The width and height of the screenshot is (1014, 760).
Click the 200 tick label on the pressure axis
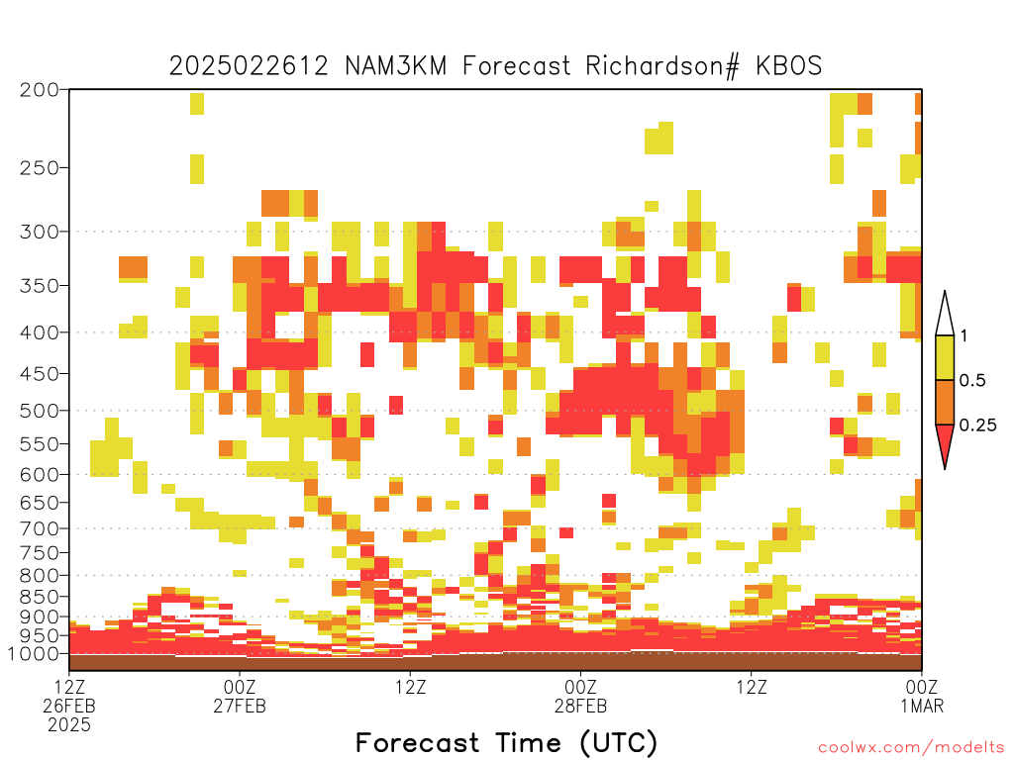40,90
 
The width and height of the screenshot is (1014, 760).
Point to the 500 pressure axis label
40,411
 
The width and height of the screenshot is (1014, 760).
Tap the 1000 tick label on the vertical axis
34,653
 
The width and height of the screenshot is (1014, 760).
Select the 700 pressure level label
40,528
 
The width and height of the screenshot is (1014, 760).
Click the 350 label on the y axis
40,286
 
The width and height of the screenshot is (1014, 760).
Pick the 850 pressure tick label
40,597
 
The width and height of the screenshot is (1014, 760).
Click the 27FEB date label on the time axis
240,706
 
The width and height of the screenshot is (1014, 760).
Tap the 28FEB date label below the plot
580,706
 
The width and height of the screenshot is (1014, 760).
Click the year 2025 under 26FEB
69,725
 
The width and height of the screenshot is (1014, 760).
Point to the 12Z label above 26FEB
69,687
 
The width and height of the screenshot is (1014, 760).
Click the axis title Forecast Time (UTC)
506,742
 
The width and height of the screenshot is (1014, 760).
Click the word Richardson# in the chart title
662,66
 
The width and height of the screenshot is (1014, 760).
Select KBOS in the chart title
789,66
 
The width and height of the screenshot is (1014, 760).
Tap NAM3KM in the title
396,66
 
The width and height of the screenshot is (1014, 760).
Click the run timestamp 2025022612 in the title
249,66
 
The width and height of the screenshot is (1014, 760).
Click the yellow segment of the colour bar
945,357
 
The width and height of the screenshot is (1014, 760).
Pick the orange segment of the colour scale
945,402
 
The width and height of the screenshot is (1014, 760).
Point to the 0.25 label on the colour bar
977,426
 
